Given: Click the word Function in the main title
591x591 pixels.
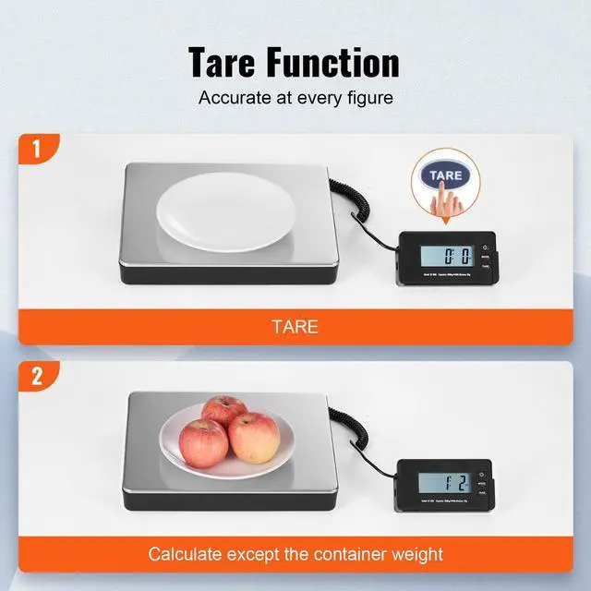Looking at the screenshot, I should coord(341,62).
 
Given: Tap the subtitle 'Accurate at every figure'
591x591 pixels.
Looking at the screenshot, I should coord(295,97).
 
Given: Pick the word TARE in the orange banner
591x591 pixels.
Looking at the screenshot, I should coord(295,326).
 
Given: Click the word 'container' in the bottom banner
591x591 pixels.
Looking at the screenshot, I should coord(349,555).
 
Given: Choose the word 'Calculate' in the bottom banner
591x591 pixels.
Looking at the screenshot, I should coord(188,555).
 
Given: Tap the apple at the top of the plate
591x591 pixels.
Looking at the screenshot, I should coord(224,411).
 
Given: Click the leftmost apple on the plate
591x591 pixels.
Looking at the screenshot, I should coord(204,442).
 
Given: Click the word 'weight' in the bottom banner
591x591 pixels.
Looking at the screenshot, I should coord(416,555).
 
